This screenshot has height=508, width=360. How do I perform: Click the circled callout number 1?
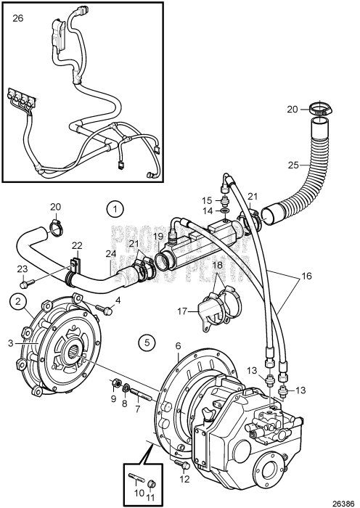[x=114, y=210]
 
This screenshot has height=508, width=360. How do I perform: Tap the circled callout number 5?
[x=147, y=341]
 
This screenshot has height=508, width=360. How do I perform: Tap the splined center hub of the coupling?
[x=75, y=356]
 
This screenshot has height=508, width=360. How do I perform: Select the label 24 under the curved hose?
[x=110, y=253]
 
